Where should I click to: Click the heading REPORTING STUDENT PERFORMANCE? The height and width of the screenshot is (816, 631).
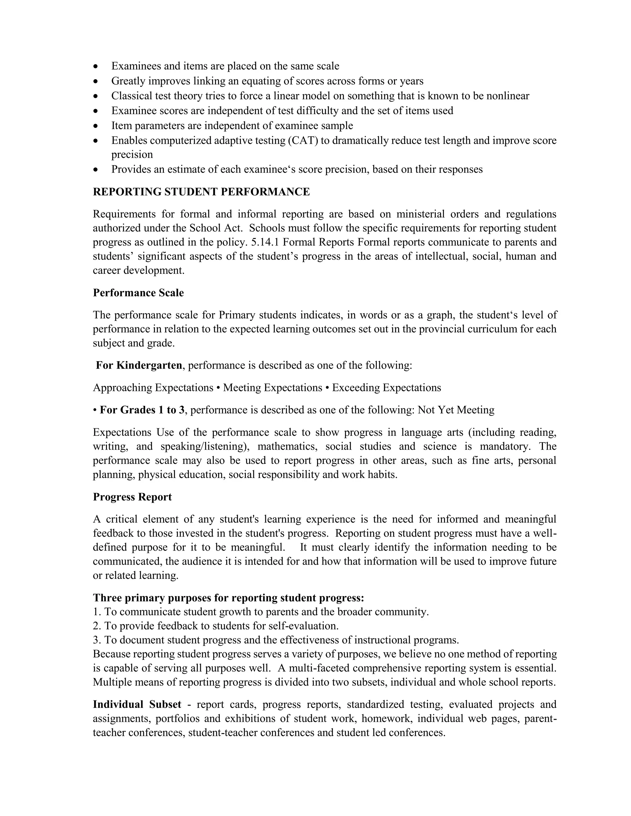point(201,192)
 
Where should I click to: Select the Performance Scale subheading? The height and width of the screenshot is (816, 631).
point(138,293)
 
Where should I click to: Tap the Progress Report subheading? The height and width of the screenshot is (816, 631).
point(132,497)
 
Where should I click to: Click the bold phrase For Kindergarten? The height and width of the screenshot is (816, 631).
point(139,365)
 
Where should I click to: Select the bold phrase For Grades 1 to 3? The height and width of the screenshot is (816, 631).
point(142,410)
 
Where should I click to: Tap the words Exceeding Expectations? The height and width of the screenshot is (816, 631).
point(387,387)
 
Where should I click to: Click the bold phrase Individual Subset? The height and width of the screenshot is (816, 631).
point(137,704)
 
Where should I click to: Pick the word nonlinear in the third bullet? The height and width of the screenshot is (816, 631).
point(508,96)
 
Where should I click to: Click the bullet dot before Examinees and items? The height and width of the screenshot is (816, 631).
point(96,67)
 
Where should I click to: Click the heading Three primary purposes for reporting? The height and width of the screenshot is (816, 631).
point(228,598)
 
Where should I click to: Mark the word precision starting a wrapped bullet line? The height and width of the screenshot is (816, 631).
point(132,155)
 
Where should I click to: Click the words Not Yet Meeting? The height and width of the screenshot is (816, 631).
point(456,410)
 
